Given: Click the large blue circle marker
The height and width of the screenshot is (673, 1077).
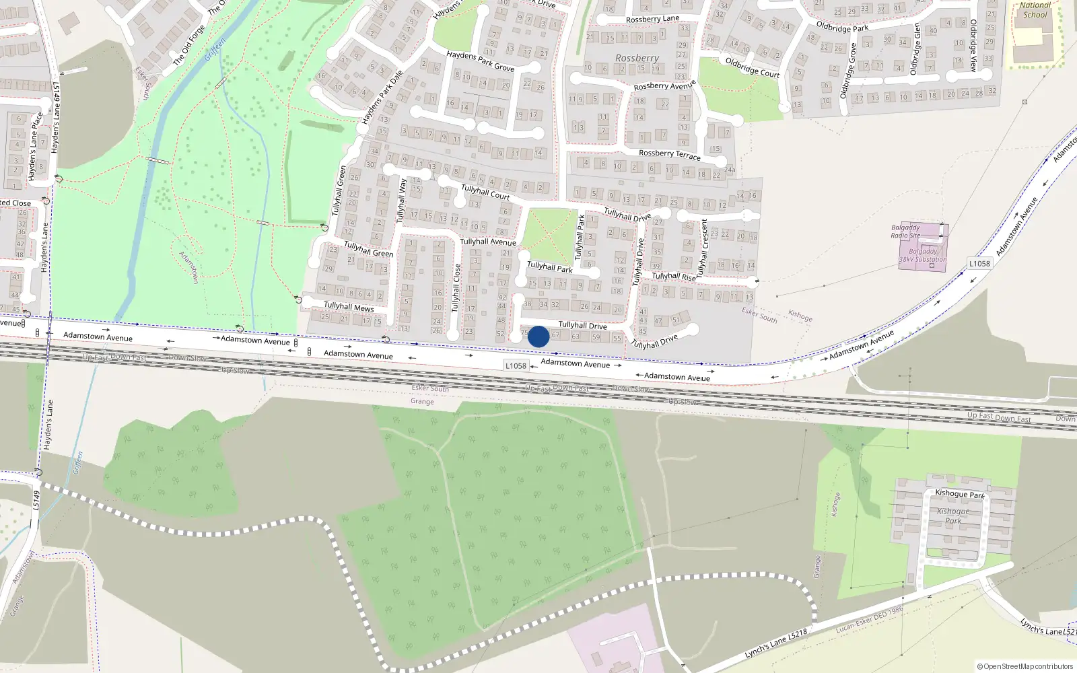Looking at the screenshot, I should [538, 336].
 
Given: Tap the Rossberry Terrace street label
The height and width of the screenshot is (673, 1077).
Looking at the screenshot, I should [669, 154].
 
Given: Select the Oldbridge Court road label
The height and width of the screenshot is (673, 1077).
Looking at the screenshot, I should [752, 67].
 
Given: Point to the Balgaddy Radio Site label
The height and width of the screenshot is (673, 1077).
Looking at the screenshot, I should [905, 232].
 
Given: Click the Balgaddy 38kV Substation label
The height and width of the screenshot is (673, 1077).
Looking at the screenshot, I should [922, 255].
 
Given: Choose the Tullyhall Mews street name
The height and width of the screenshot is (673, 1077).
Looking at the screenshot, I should [349, 306].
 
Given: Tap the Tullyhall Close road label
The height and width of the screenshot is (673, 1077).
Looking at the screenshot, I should [456, 288].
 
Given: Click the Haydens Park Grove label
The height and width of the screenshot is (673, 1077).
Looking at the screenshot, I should [481, 61].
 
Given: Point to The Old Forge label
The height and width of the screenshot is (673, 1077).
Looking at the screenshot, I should [188, 45].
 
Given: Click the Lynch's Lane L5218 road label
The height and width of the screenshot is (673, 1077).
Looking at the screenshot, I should [776, 645].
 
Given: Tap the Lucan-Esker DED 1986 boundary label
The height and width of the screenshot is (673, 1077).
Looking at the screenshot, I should [870, 619].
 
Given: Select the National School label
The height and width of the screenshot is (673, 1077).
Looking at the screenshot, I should [1035, 9].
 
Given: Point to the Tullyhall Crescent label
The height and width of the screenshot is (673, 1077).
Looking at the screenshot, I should [703, 248].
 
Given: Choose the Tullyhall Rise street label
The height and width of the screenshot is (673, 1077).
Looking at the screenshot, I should [673, 277].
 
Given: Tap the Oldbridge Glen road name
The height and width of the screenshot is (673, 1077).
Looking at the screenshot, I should [915, 48].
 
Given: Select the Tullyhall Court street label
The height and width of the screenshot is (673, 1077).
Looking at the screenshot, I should [485, 192].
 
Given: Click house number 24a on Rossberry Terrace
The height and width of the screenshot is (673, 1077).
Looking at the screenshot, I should [730, 170].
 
